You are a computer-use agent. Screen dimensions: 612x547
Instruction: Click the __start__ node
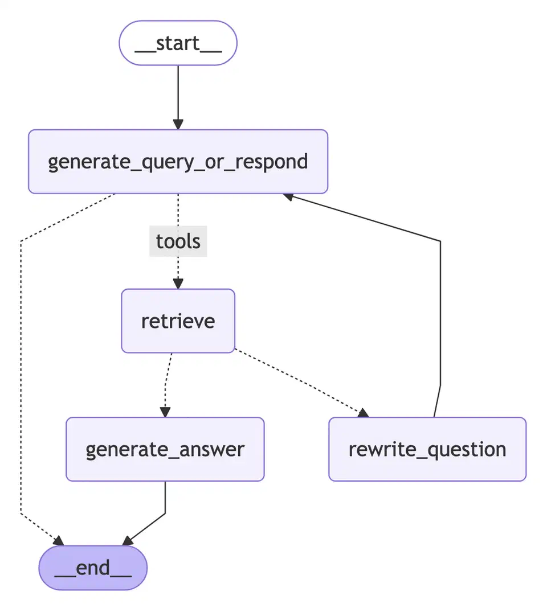click(178, 43)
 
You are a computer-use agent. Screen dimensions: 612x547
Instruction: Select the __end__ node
click(93, 568)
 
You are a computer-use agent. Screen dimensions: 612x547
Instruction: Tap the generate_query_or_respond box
click(178, 162)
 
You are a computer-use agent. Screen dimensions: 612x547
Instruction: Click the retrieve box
click(178, 321)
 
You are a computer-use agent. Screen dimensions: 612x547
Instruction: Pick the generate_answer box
click(165, 449)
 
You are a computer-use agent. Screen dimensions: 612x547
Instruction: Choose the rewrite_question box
click(427, 449)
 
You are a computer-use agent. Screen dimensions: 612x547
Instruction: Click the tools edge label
click(178, 241)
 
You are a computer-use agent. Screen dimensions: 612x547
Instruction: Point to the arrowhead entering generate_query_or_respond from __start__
click(178, 125)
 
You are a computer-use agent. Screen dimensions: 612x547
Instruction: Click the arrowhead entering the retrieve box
click(178, 284)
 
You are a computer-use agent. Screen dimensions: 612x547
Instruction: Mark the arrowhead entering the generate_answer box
click(165, 412)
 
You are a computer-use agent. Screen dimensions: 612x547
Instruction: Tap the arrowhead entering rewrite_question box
click(363, 413)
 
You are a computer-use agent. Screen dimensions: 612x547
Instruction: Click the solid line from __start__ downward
click(178, 91)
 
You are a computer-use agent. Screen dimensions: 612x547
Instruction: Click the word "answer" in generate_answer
click(214, 450)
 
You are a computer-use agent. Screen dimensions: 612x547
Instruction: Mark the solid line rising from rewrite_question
click(440, 313)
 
